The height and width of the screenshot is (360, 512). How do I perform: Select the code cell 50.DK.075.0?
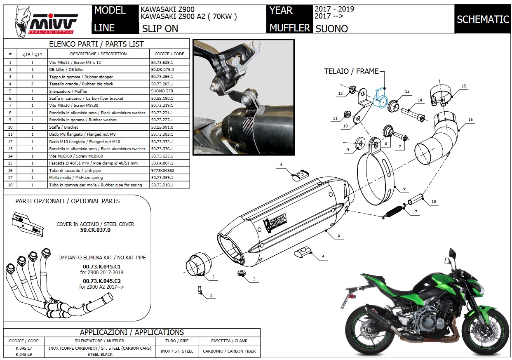tap(162, 69)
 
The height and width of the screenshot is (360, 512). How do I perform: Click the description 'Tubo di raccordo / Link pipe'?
tap(75, 170)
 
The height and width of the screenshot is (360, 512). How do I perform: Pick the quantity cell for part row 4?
tap(32, 84)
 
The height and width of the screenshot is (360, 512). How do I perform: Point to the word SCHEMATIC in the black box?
tap(482, 19)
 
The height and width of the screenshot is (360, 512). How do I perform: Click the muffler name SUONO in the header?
tap(331, 28)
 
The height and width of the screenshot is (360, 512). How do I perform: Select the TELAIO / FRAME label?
tap(351, 71)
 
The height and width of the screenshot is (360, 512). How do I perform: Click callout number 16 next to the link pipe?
tap(470, 120)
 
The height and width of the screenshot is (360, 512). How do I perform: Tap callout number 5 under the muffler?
tap(339, 235)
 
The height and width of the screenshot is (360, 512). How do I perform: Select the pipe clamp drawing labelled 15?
tap(441, 96)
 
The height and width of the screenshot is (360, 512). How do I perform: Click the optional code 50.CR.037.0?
tap(95, 230)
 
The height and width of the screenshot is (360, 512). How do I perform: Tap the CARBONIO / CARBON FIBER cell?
tap(229, 351)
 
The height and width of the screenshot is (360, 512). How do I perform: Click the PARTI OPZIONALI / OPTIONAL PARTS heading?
tap(68, 201)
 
